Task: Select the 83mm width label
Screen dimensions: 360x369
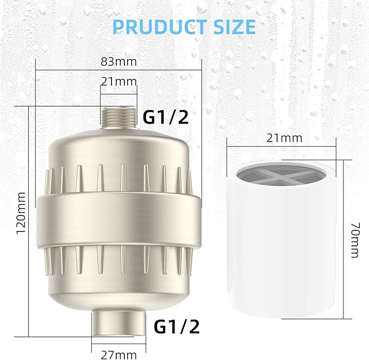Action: pos(118,61)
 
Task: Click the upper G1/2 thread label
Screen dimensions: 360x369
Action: pos(166,117)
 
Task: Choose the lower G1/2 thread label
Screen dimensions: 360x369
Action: pos(177,326)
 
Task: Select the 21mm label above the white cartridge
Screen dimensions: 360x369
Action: pos(284,138)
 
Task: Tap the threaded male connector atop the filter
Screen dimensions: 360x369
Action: pos(118,117)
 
